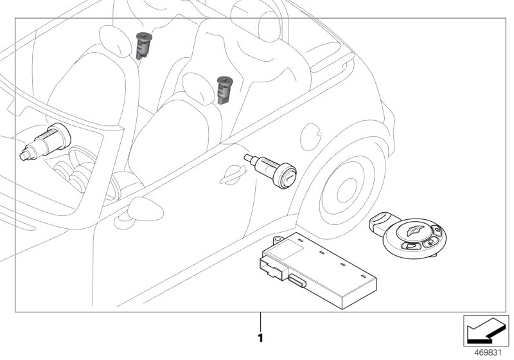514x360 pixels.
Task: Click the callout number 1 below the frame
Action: click(260, 336)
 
